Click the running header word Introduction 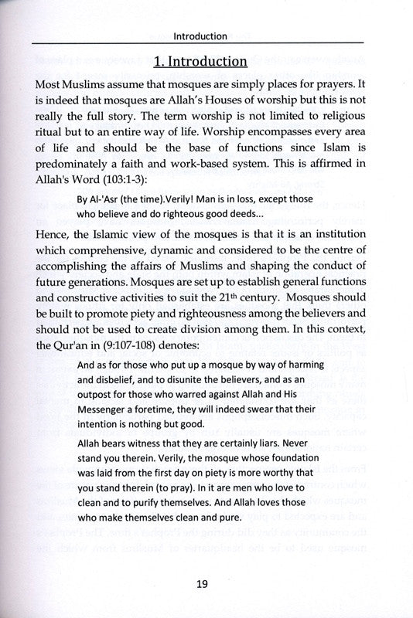tap(200, 36)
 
